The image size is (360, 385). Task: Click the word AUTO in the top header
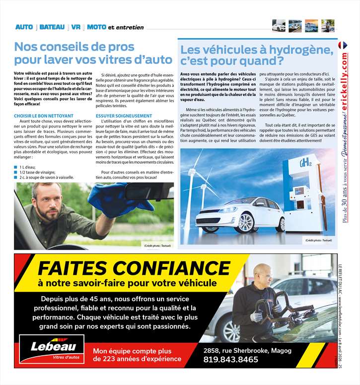[x=24, y=27]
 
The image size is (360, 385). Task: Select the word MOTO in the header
[x=96, y=27]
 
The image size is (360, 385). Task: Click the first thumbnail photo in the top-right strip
[x=279, y=26]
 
